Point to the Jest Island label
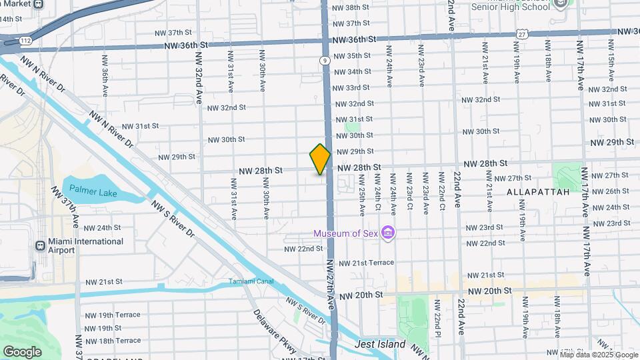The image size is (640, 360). pos(380,344)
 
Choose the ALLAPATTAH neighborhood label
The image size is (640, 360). pos(537,192)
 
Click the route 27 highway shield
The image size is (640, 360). pos(521,34)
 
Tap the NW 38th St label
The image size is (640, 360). pos(353,7)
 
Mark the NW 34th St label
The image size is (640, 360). pos(352,71)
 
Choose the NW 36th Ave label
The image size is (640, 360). pos(105,74)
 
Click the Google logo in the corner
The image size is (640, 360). pos(22,351)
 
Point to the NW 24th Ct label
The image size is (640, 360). pos(377,194)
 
